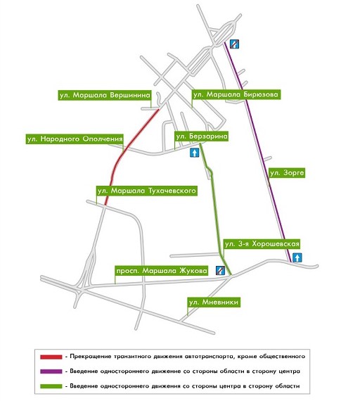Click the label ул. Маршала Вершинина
[105, 95]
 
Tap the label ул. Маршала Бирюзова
[236, 95]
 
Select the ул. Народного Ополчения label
[75, 139]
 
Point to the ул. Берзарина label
[202, 136]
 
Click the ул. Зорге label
[287, 173]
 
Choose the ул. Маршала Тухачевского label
[147, 191]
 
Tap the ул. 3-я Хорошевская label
[262, 244]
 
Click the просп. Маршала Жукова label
[162, 271]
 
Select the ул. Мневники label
[214, 303]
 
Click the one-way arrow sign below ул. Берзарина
[194, 153]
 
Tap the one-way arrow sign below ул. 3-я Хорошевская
[297, 257]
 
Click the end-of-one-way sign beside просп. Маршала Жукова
[220, 270]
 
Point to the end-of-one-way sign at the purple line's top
[234, 44]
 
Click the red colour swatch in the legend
[51, 357]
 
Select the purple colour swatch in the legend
[51, 371]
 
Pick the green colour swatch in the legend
[51, 386]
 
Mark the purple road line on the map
[257, 153]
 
